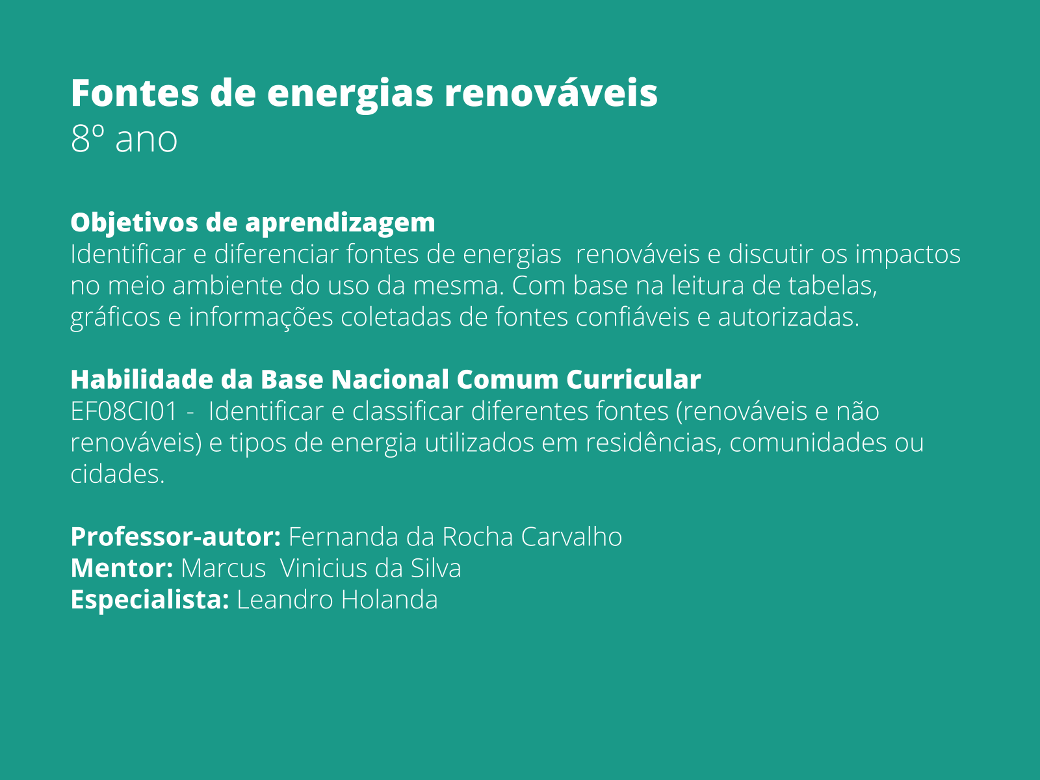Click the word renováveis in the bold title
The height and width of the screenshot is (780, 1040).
[x=551, y=93]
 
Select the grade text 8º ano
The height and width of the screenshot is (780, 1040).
[x=123, y=139]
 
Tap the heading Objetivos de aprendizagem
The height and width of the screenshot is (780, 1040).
[x=252, y=222]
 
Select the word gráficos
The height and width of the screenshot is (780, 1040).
[x=115, y=317]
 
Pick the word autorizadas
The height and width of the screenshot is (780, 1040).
[x=788, y=317]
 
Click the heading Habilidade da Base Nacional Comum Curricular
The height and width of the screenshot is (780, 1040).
[x=385, y=380]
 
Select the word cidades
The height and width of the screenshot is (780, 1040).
[x=117, y=474]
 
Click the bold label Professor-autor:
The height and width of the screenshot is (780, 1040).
[x=175, y=537]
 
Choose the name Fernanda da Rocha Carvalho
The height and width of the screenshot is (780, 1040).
[x=455, y=537]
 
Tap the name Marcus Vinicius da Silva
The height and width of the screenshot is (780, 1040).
[x=321, y=568]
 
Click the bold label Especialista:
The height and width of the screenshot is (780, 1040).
[x=149, y=599]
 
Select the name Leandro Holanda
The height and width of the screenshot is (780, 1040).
[x=337, y=599]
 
